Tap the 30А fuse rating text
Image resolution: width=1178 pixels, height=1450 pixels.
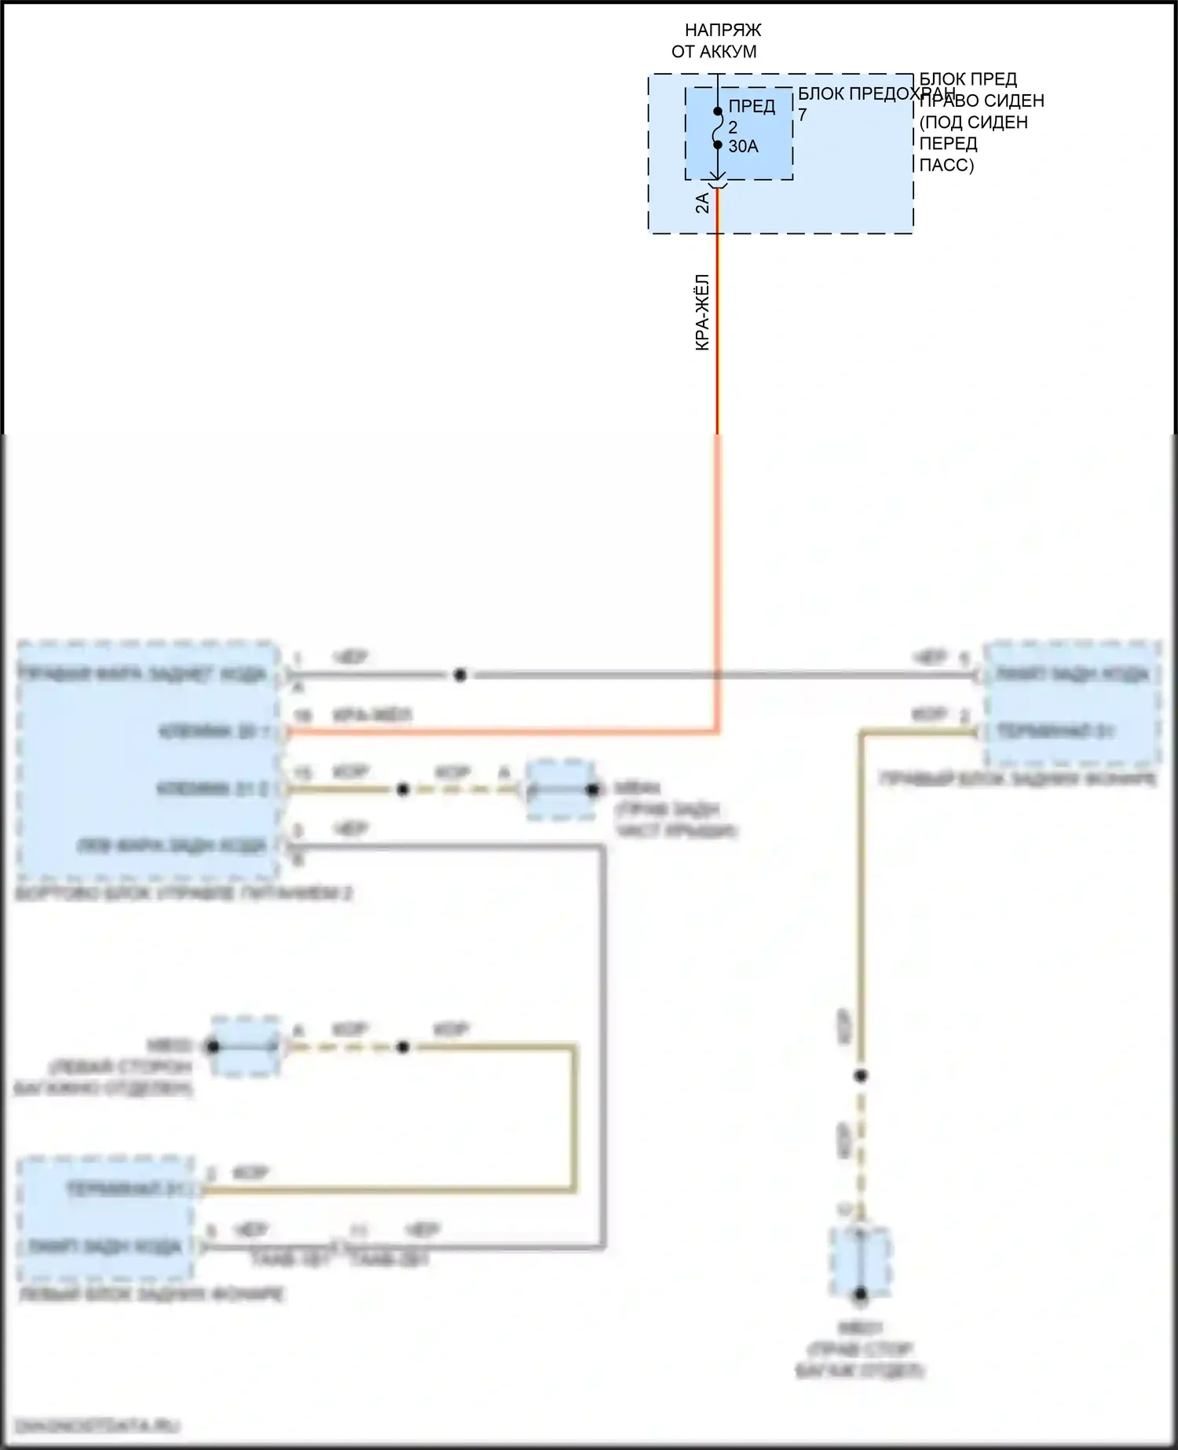pos(743,146)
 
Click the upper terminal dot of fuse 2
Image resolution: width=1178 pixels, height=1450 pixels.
pos(718,112)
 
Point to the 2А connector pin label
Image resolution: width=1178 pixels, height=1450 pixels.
pos(702,203)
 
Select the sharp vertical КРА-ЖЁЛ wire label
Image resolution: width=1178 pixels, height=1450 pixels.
pos(703,312)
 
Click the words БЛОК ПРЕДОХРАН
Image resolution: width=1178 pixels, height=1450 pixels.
pos(876,93)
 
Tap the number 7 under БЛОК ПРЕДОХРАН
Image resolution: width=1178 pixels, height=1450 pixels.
pos(802,115)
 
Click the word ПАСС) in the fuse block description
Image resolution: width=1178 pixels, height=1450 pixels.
pos(946,165)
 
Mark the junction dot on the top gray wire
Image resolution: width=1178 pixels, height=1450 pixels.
pos(460,675)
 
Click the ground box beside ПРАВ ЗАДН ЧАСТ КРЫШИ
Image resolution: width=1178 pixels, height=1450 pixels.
pos(560,789)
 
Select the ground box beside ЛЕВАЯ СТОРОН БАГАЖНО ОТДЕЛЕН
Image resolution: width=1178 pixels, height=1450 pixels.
pos(245,1046)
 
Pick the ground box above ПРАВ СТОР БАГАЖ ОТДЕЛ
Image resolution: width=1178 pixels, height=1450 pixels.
pos(861,1264)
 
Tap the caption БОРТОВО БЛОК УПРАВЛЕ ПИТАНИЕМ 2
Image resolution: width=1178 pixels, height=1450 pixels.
pos(184,894)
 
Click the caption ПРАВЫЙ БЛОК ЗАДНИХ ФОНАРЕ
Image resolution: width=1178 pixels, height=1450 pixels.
pos(1018,779)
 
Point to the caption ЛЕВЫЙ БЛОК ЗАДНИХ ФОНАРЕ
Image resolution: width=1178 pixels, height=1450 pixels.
pos(151,1294)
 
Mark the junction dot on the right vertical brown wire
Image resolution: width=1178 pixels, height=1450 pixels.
pos(861,1075)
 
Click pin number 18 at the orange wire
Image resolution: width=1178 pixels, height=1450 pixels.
pos(302,716)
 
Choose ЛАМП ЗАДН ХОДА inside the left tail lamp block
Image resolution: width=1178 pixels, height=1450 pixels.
pos(105,1247)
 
